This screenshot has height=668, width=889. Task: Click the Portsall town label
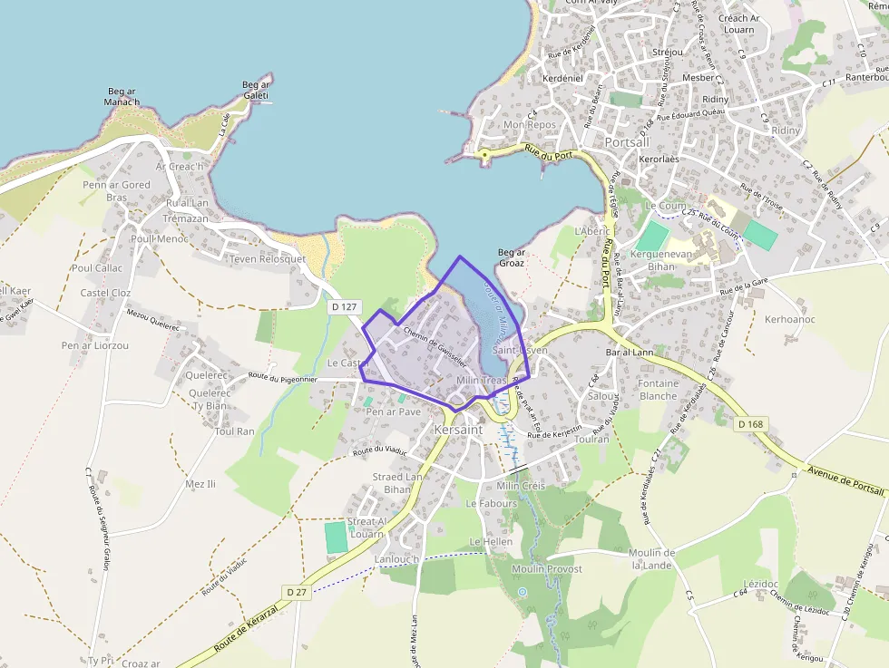[x=627, y=143]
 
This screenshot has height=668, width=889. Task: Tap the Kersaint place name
[x=458, y=430]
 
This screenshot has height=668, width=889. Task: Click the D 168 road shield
[x=750, y=423]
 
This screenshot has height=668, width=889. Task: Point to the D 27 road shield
[x=297, y=592]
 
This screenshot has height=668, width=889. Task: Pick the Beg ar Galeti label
[x=256, y=90]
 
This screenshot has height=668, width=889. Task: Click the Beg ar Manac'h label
[x=122, y=96]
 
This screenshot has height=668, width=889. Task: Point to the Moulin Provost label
[x=547, y=568]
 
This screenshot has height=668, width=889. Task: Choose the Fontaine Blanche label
[x=659, y=390]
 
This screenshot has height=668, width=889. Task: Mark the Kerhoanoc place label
[x=790, y=319]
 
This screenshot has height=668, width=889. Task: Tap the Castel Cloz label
[x=105, y=293]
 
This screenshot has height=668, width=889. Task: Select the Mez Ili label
[x=200, y=484]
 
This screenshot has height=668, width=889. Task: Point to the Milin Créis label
[x=521, y=486]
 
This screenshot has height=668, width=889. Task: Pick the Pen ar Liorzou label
[x=95, y=345]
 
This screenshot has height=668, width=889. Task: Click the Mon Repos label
[x=529, y=124]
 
